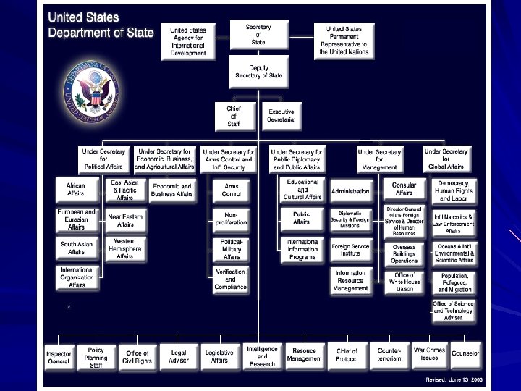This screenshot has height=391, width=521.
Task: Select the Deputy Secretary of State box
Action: point(258,70)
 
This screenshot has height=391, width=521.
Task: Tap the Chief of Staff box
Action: point(233,114)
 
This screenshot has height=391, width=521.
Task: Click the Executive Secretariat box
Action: point(281,115)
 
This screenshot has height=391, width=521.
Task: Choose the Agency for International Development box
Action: point(188,41)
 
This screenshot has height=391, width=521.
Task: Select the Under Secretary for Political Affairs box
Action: point(103,159)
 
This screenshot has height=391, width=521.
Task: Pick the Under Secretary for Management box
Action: point(380,159)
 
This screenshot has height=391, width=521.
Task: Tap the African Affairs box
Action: point(76,190)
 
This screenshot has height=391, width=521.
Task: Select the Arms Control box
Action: point(231,190)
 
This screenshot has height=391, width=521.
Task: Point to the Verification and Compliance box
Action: point(230,279)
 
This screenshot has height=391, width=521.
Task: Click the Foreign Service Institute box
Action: point(350,249)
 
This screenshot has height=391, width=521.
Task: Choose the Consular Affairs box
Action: point(404,189)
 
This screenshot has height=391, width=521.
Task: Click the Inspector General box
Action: point(59,356)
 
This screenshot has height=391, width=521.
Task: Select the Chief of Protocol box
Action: point(347,356)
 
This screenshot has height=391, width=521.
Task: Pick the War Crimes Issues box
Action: point(430,353)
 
